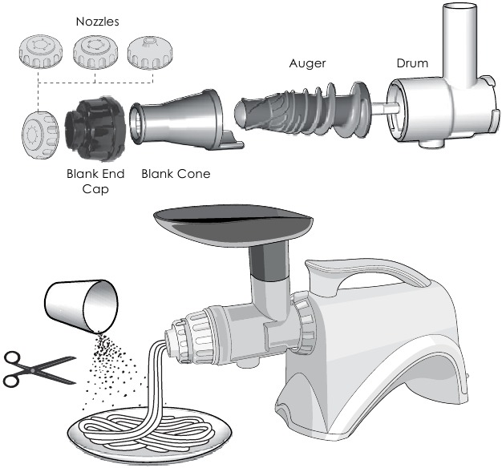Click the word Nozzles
(x=97, y=22)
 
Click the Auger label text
(x=307, y=63)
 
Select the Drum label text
(x=412, y=63)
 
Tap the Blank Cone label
(x=176, y=174)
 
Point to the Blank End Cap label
(x=95, y=181)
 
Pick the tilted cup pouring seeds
(x=81, y=306)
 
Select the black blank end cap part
(x=95, y=128)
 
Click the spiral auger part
(x=302, y=111)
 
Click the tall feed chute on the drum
(x=459, y=45)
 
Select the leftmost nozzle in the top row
(x=41, y=51)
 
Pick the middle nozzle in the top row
(x=95, y=52)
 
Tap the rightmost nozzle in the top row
(x=150, y=52)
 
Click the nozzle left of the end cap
(x=40, y=135)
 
